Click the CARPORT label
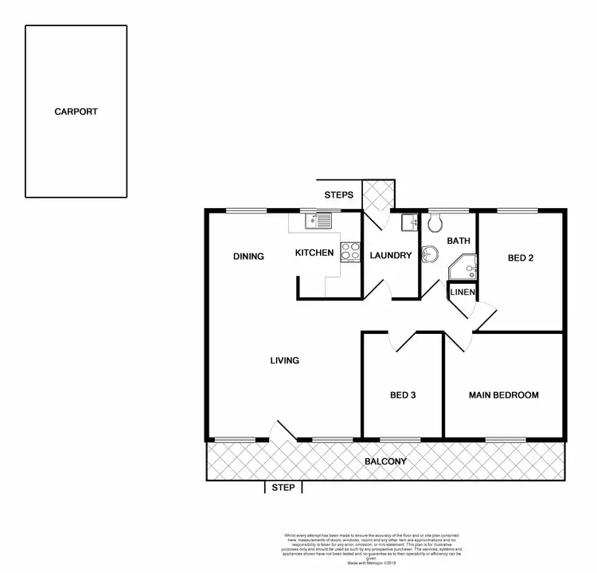76,112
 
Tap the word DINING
248,257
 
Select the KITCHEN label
314,253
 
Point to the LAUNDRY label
391,256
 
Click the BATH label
458,241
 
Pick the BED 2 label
521,257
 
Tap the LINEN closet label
462,292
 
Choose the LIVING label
284,361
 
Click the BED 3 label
403,395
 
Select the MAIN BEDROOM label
503,395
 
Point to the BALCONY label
385,462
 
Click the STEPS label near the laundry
338,195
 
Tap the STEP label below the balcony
283,488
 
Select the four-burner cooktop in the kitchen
350,252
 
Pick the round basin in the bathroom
430,253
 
